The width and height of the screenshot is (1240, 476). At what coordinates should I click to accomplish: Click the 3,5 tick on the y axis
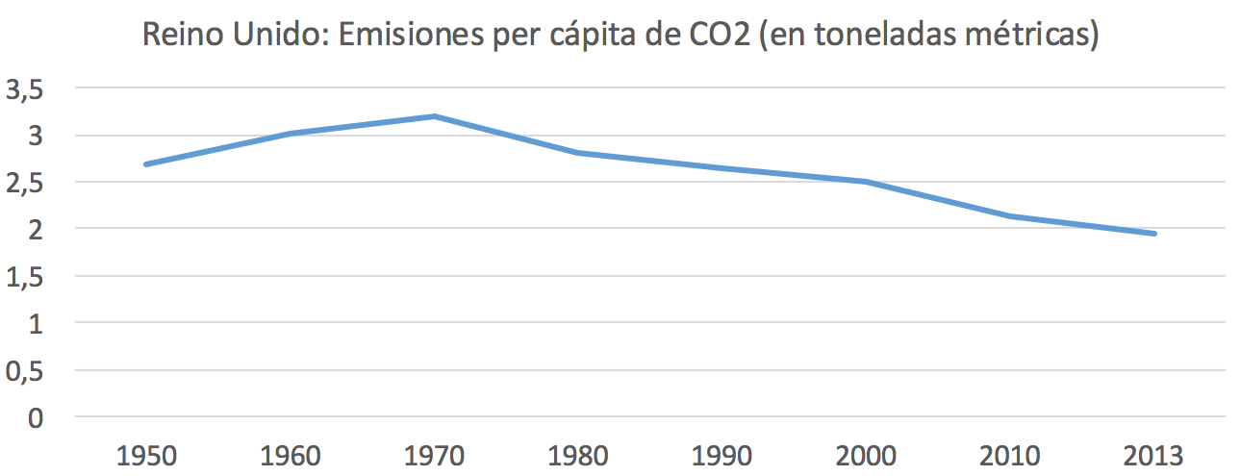(26, 89)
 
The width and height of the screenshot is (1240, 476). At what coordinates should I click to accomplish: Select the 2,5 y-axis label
(26, 183)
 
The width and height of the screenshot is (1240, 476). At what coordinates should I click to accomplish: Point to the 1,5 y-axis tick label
(26, 277)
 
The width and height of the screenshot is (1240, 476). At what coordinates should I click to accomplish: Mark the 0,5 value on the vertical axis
(26, 371)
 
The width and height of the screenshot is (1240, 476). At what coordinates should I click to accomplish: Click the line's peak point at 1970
(435, 116)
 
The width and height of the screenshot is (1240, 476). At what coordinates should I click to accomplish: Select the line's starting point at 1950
(146, 164)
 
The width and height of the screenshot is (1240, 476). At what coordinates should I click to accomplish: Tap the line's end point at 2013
(1153, 234)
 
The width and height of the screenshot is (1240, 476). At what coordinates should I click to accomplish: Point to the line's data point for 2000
(866, 182)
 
